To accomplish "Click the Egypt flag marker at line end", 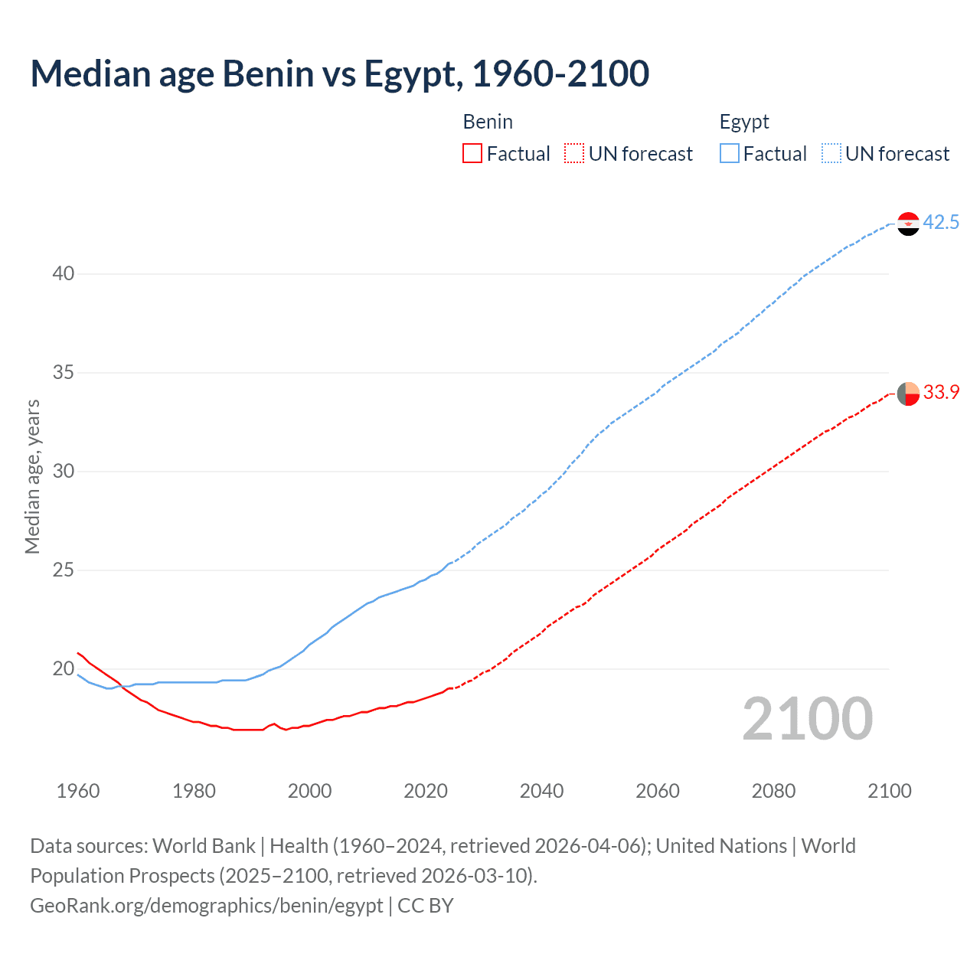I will pyautogui.click(x=908, y=224).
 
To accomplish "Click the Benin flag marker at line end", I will pyautogui.click(x=908, y=394).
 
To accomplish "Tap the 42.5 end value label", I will pyautogui.click(x=941, y=223).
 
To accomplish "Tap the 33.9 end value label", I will pyautogui.click(x=941, y=393).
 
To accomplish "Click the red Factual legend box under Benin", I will pyautogui.click(x=472, y=154).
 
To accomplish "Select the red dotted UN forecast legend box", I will pyautogui.click(x=574, y=154).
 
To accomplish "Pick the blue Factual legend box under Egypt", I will pyautogui.click(x=730, y=154).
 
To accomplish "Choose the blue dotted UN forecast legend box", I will pyautogui.click(x=831, y=154).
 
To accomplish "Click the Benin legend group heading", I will pyautogui.click(x=488, y=122).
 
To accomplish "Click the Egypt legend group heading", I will pyautogui.click(x=744, y=122).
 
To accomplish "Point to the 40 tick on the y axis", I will pyautogui.click(x=64, y=274).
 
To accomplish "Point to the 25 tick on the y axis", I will pyautogui.click(x=64, y=570).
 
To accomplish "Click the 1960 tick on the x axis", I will pyautogui.click(x=78, y=791).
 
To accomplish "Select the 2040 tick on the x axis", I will pyautogui.click(x=541, y=791).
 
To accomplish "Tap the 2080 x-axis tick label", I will pyautogui.click(x=773, y=791).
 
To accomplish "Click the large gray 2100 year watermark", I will pyautogui.click(x=808, y=719).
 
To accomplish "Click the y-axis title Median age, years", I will pyautogui.click(x=32, y=476).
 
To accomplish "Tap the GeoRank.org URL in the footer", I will pyautogui.click(x=206, y=906).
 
